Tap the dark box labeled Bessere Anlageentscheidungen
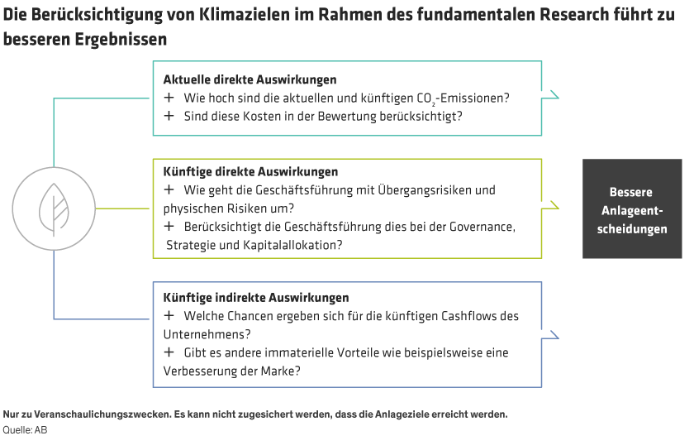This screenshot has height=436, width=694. [x=632, y=209]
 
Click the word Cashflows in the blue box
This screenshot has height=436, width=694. [x=473, y=316]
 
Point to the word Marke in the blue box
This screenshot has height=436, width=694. [x=282, y=371]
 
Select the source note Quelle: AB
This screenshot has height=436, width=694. [x=25, y=429]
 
